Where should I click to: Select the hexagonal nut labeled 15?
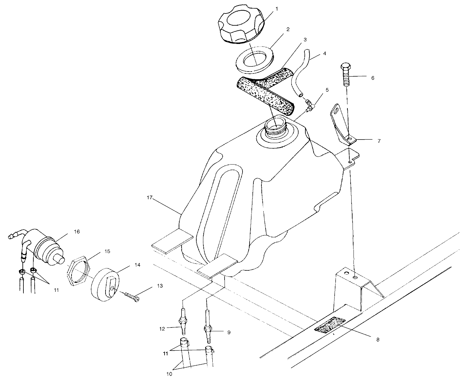[79, 271]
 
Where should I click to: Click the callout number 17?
[149, 198]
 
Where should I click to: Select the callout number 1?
[277, 9]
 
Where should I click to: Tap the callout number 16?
[77, 232]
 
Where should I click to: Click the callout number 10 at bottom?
[169, 374]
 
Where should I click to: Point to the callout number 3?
[305, 40]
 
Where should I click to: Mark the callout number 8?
[378, 340]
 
